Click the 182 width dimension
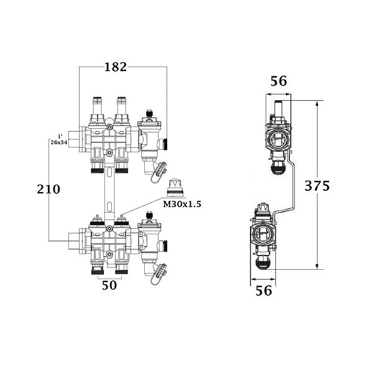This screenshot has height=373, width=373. tap(115, 67)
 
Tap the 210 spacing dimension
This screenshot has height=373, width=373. tap(47, 189)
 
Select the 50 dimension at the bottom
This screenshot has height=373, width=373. tap(109, 286)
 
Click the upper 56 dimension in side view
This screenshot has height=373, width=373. tap(279, 81)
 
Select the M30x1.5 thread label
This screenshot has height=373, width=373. tap(182, 203)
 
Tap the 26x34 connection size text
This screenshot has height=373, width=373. tap(59, 142)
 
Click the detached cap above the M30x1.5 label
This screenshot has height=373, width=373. tap(174, 186)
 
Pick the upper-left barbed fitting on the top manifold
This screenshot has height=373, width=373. tap(97, 103)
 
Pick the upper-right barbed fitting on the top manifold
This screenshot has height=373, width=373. tap(121, 103)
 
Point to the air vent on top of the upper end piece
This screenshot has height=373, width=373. tap(149, 115)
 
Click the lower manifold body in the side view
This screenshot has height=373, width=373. tap(263, 235)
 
